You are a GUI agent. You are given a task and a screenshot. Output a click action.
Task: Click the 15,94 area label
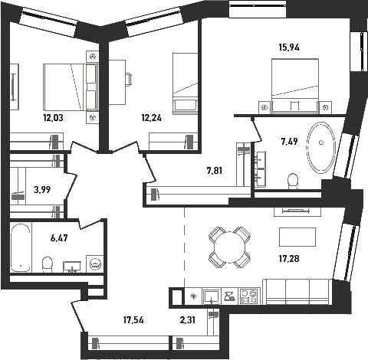pyautogui.click(x=289, y=47)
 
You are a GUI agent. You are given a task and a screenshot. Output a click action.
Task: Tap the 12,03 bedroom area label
pyautogui.click(x=53, y=118)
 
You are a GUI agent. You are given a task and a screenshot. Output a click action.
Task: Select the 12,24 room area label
pyautogui.click(x=152, y=118)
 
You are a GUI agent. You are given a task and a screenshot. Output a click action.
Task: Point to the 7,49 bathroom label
pyautogui.click(x=289, y=141)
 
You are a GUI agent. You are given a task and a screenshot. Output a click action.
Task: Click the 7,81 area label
pyautogui.click(x=215, y=171)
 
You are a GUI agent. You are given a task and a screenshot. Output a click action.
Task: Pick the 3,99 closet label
pyautogui.click(x=42, y=190)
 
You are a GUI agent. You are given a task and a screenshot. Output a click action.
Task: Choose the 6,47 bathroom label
pyautogui.click(x=59, y=238)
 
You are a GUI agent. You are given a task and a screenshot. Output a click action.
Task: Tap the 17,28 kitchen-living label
pyautogui.click(x=289, y=259)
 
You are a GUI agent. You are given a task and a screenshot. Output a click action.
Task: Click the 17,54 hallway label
pyautogui.click(x=133, y=320)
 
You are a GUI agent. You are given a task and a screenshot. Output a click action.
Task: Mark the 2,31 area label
pyautogui.click(x=188, y=320)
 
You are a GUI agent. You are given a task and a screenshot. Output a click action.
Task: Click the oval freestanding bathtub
pyautogui.click(x=321, y=148)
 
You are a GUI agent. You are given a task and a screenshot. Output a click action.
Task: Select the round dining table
pyautogui.click(x=229, y=247)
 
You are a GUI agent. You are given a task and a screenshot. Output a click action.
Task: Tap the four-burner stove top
pyautogui.click(x=249, y=296)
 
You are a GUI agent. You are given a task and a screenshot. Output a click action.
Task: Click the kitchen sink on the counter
pyautogui.click(x=211, y=296)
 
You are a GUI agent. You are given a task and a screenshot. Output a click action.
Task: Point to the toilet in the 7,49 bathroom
pyautogui.click(x=293, y=181)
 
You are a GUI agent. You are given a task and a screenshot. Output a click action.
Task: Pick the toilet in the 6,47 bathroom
pyautogui.click(x=48, y=264)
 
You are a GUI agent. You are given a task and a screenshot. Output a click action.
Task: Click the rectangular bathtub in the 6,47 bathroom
pyautogui.click(x=21, y=247)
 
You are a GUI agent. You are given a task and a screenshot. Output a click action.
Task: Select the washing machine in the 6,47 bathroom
pyautogui.click(x=95, y=263)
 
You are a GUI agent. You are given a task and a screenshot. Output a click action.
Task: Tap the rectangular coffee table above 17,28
pyautogui.click(x=297, y=237)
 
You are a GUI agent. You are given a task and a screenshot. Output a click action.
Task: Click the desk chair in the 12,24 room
pyautogui.click(x=129, y=79)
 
